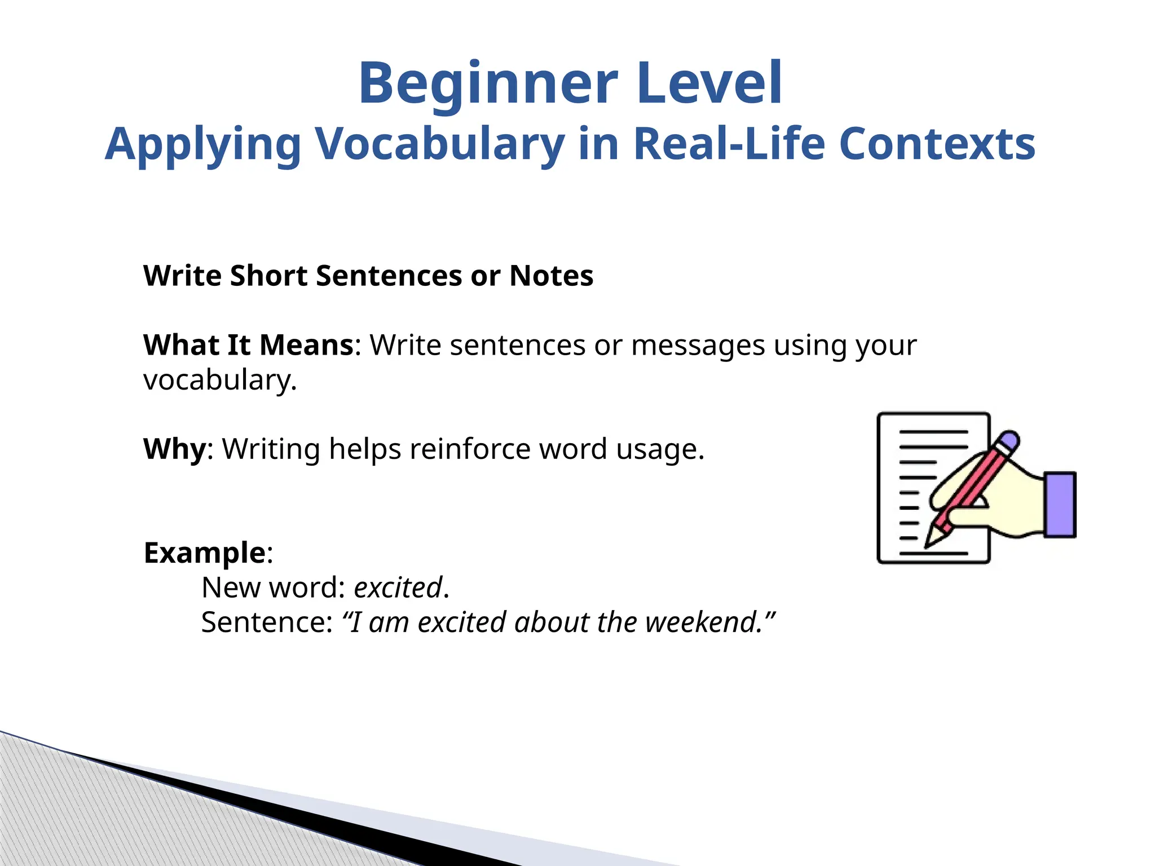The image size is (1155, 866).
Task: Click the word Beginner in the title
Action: coord(488,85)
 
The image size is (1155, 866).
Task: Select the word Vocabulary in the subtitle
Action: coord(439,145)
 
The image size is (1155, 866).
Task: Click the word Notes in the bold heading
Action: coord(551,276)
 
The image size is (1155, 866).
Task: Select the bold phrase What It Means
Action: coord(248,345)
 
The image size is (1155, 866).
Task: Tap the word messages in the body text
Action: coord(698,345)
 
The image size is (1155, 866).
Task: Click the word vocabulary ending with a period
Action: coord(219,380)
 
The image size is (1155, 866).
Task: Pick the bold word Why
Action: coord(175,449)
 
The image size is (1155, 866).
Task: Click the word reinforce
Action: coord(470,449)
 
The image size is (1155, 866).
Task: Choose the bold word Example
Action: coord(205,553)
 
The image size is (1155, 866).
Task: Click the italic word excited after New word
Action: coord(398,588)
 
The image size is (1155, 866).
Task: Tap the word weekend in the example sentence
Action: coord(703,622)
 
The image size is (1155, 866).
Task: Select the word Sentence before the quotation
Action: coord(262,622)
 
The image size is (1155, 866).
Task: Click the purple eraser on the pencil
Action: coord(1009,440)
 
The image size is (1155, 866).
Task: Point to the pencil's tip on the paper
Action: coord(928,545)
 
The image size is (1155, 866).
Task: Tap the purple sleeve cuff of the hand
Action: coord(1060,505)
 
